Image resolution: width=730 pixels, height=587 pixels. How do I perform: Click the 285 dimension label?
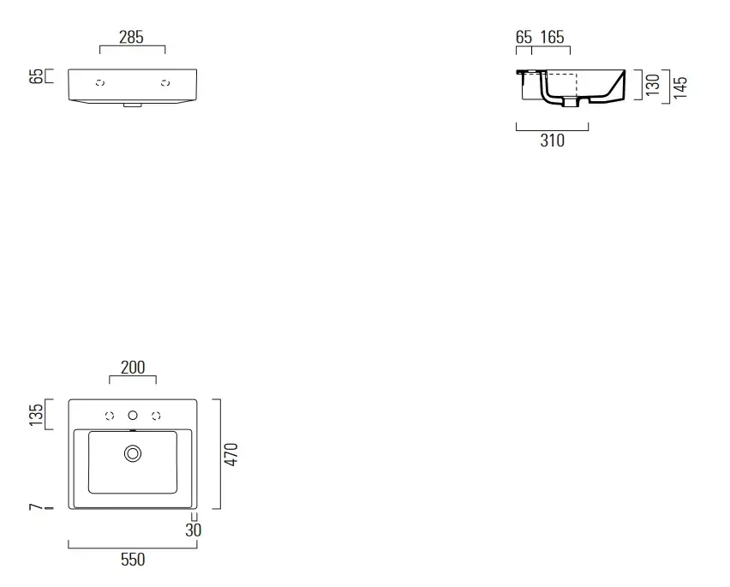coord(131,37)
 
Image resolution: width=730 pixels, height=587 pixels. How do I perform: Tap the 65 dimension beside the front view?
coord(36,76)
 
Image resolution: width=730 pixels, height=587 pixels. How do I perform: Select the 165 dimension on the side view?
coord(552,37)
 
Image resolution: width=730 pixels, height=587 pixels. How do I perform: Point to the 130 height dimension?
coord(653,85)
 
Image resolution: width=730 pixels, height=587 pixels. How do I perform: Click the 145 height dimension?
coord(680,87)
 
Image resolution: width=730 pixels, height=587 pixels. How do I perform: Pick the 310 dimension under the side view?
coord(552,141)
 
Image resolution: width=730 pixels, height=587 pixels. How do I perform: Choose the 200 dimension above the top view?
coord(133,368)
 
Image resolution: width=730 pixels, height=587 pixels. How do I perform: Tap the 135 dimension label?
coord(36,415)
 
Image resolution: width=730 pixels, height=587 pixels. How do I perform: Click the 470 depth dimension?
coord(231,454)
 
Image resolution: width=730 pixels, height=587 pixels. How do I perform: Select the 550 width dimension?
coord(133,559)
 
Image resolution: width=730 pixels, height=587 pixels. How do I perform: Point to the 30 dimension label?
coord(193,530)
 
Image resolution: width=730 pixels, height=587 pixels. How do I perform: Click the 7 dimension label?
coord(36,507)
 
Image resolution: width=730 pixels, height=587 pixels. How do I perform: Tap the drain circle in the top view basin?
coord(133,453)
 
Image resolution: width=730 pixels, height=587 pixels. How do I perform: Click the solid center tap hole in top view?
coord(133,416)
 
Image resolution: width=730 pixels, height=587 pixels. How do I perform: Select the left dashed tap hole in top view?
coord(110,416)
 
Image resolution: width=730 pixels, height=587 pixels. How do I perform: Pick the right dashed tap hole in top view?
coord(157,416)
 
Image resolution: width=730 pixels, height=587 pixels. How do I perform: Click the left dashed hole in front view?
coord(100,83)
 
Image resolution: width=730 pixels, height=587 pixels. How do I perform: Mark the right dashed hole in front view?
coord(165,83)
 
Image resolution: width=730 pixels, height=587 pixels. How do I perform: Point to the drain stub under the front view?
coord(133,105)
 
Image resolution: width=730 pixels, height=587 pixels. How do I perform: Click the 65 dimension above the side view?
coord(524,37)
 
